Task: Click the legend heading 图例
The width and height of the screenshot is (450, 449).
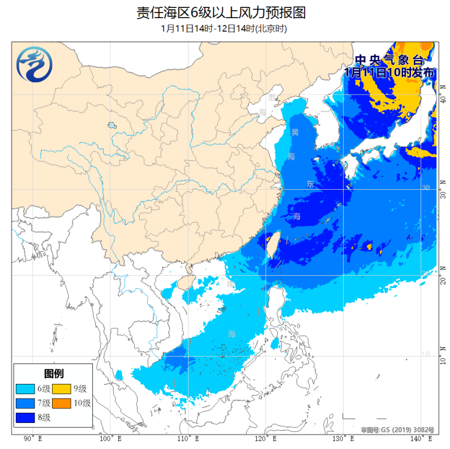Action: tap(53, 373)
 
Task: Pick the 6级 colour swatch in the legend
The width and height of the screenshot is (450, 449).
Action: tap(25, 389)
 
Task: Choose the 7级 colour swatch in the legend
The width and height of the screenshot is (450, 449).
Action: tap(25, 403)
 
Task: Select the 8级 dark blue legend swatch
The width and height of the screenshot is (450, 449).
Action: tap(25, 418)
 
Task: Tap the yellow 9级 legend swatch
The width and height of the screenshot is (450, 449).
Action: tap(61, 389)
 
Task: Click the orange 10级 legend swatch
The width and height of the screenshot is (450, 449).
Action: tap(61, 403)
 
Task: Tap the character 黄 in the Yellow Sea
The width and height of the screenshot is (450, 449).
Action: tap(295, 132)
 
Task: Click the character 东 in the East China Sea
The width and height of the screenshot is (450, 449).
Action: tap(310, 184)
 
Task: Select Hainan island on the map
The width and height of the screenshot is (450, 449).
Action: tap(185, 281)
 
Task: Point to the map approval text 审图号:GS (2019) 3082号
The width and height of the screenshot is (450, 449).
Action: tap(397, 430)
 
